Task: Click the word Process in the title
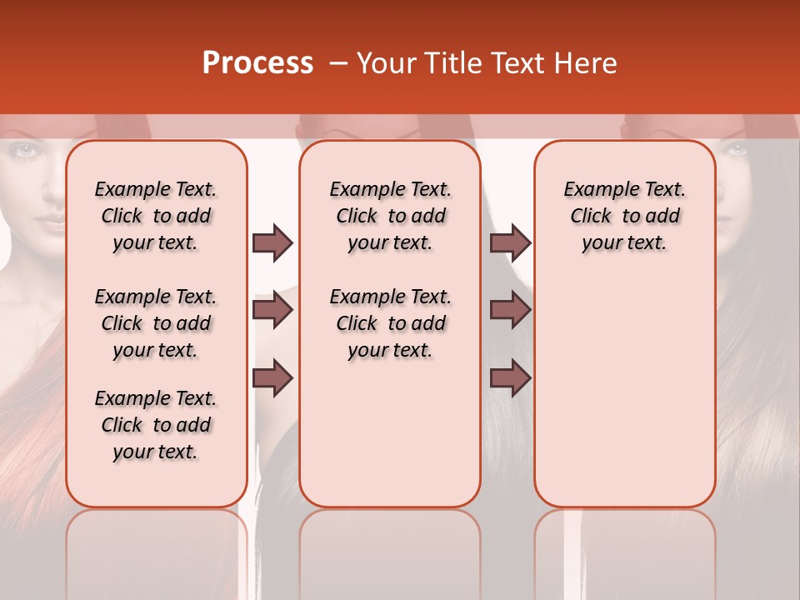click(x=257, y=63)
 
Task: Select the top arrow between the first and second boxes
click(x=272, y=243)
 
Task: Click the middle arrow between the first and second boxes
click(x=272, y=311)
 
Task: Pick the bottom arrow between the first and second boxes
click(x=272, y=377)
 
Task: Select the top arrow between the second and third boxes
click(x=510, y=243)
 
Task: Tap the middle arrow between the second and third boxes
click(x=510, y=311)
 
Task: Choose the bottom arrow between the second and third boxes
click(x=510, y=377)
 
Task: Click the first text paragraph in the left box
click(x=156, y=216)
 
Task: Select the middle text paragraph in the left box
click(x=156, y=323)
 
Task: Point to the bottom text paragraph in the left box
click(x=156, y=425)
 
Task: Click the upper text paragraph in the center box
click(x=390, y=216)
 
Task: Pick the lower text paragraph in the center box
click(x=390, y=323)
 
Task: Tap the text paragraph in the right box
click(x=624, y=216)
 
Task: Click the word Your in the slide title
click(x=387, y=63)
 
